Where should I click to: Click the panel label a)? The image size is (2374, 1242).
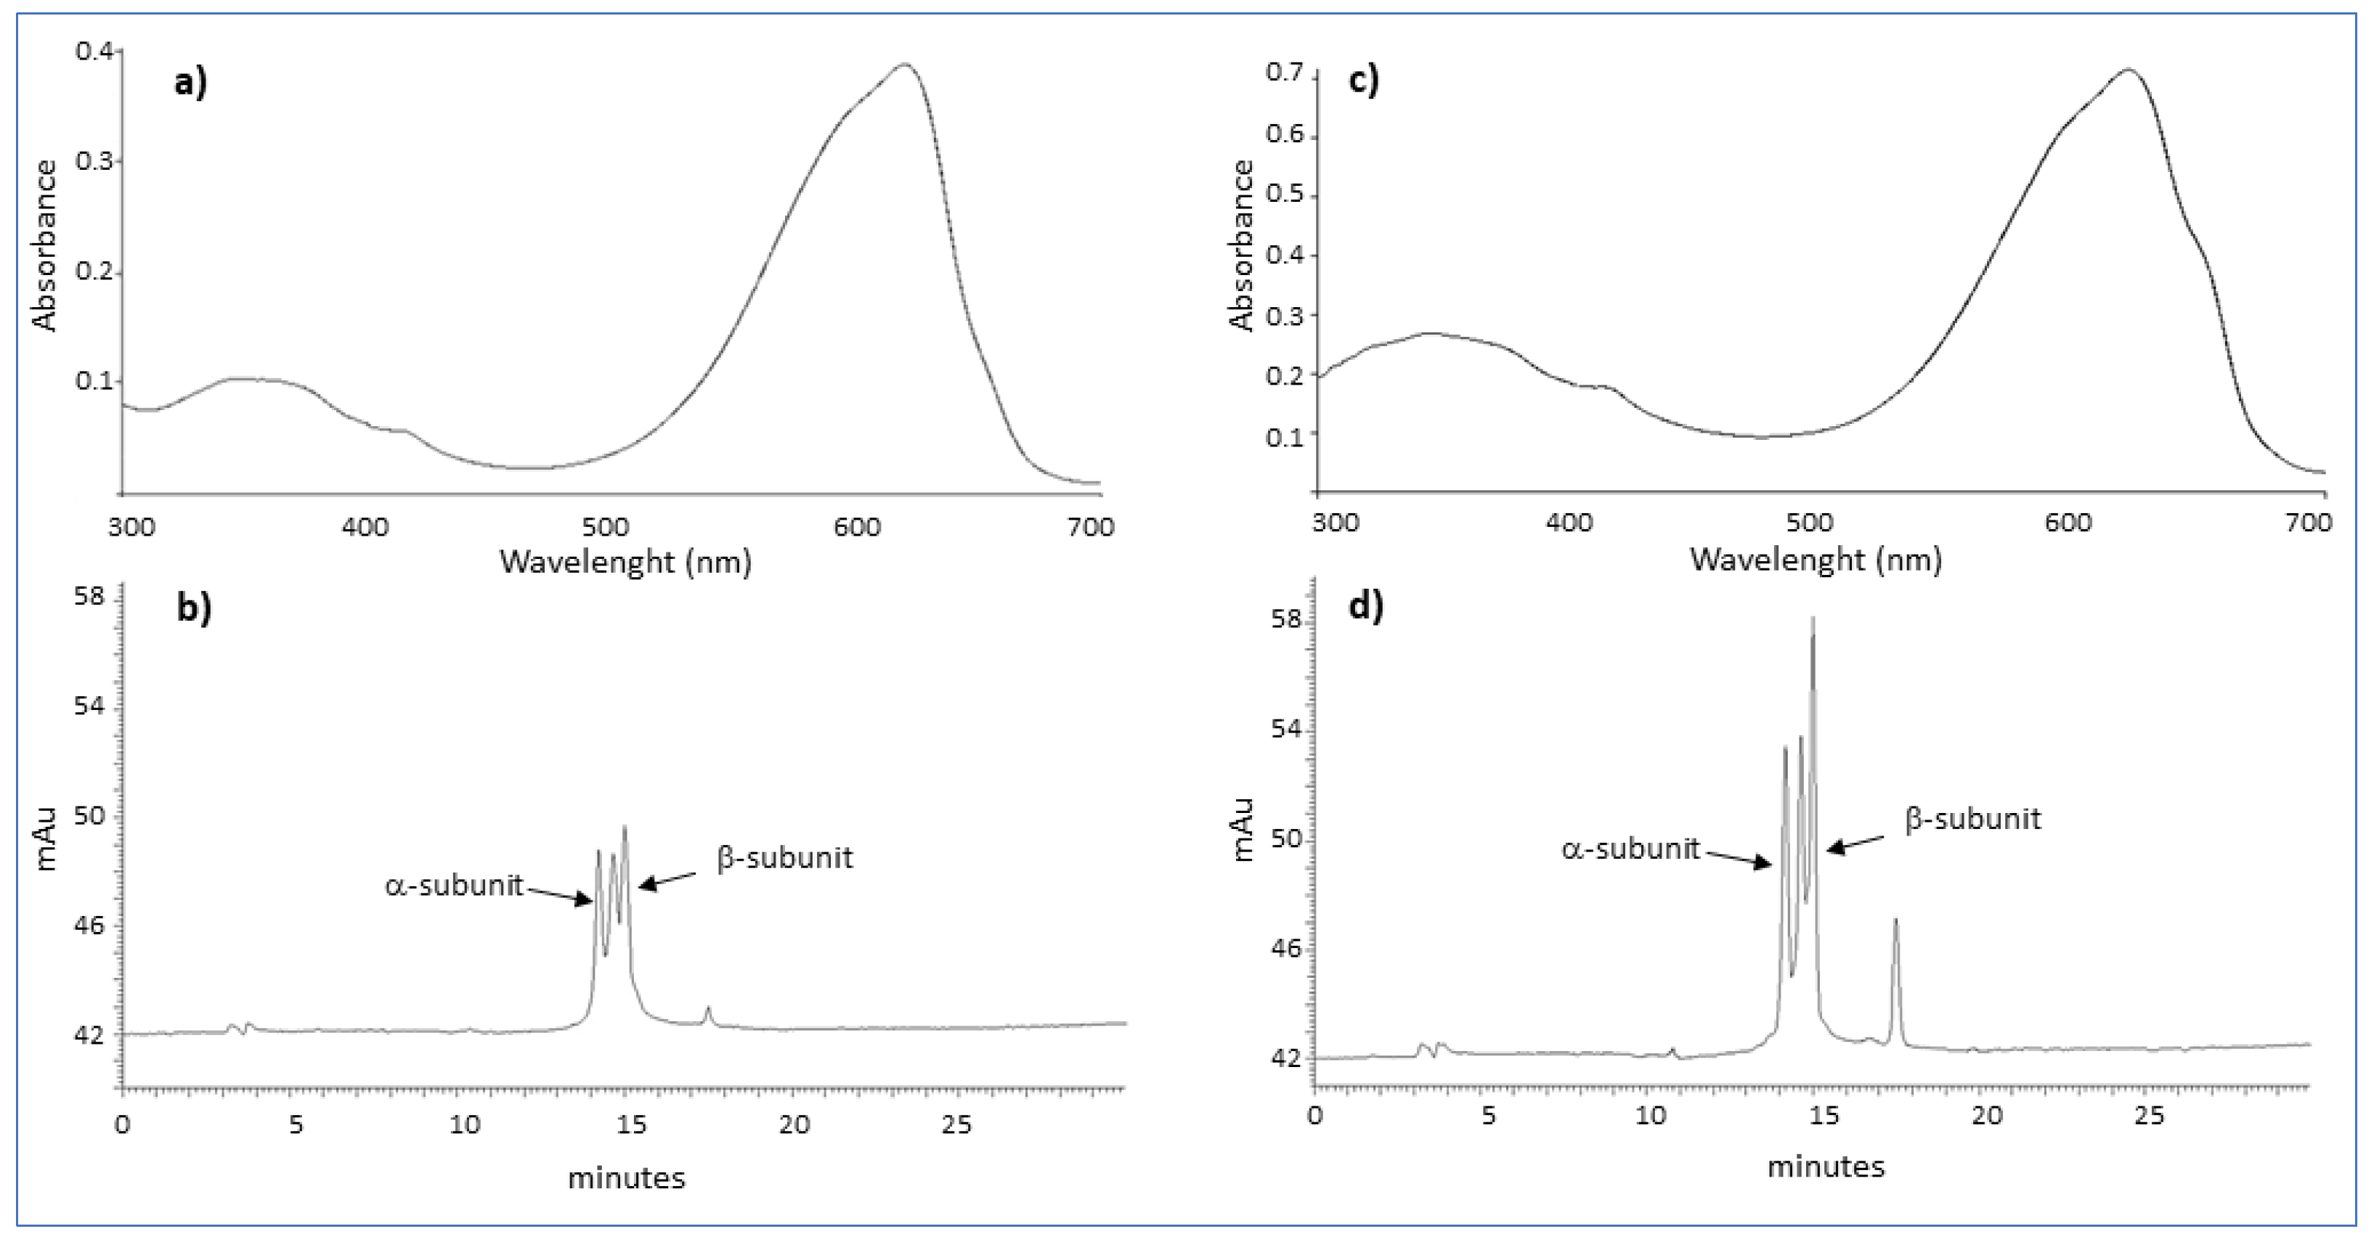click(x=191, y=83)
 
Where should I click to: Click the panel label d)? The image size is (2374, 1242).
click(x=1365, y=606)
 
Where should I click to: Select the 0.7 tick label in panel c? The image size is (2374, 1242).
click(x=1285, y=72)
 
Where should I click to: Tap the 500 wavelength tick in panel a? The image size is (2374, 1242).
click(x=606, y=527)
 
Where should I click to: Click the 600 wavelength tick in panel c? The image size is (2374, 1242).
click(x=2067, y=523)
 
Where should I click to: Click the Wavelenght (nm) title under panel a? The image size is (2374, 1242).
click(x=625, y=561)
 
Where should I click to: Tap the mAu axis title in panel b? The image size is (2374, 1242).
click(x=44, y=838)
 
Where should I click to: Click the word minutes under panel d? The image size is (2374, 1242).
click(x=1825, y=1167)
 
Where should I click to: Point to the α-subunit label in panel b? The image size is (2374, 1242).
click(x=453, y=886)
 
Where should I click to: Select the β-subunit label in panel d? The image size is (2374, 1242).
click(x=1972, y=818)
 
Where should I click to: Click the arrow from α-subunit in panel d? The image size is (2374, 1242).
click(x=1738, y=859)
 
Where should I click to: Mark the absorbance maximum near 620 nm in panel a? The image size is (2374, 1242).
click(x=905, y=65)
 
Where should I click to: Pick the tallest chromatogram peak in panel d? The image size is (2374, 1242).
click(x=1813, y=619)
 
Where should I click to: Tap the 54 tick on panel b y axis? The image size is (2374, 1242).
click(x=89, y=707)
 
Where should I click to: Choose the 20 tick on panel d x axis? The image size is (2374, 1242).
click(x=1987, y=1115)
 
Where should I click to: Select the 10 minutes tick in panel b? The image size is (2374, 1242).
click(x=465, y=1124)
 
